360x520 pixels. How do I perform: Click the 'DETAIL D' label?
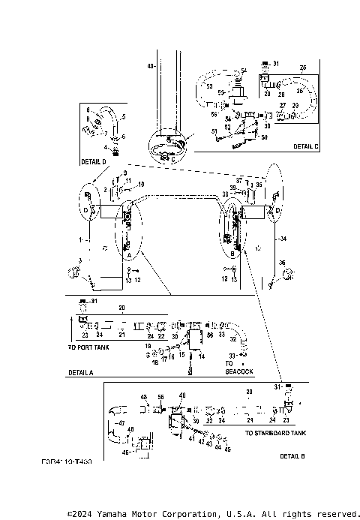click(x=93, y=161)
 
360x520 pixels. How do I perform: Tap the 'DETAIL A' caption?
click(x=80, y=372)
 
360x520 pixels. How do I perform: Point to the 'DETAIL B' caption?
click(x=292, y=455)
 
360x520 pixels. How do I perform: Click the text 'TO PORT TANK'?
click(x=88, y=348)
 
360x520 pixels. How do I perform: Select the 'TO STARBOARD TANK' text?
click(x=275, y=433)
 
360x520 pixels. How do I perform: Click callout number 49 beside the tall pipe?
click(x=150, y=67)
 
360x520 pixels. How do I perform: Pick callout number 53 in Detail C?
click(x=210, y=86)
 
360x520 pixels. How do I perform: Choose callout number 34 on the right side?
click(x=283, y=239)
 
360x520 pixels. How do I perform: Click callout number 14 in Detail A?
click(x=201, y=356)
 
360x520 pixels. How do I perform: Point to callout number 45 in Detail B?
click(x=228, y=449)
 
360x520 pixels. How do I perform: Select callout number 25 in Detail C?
click(x=303, y=68)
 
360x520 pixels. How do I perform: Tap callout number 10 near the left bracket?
click(x=141, y=185)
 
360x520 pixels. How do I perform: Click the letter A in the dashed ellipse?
click(x=129, y=255)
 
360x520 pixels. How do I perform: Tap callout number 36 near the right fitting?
click(x=282, y=262)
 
